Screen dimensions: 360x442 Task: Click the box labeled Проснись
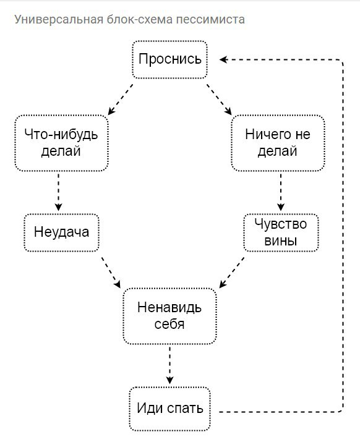click(x=170, y=59)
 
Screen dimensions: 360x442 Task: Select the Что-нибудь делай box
click(x=61, y=143)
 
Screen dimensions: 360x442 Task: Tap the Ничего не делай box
click(x=278, y=143)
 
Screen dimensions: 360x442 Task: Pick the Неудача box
click(x=61, y=232)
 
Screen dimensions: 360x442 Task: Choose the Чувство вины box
click(x=281, y=232)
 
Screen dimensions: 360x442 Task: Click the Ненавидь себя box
click(x=169, y=316)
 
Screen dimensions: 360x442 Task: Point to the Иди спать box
click(x=170, y=409)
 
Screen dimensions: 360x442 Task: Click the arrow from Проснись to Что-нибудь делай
click(x=121, y=100)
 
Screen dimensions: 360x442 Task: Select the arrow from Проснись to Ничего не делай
click(x=219, y=100)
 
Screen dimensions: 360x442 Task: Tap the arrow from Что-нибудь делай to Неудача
click(x=58, y=192)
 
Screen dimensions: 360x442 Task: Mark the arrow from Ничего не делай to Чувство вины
click(x=281, y=192)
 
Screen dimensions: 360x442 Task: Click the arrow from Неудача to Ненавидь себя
click(x=111, y=272)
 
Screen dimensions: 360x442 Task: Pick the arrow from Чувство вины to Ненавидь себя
click(x=231, y=272)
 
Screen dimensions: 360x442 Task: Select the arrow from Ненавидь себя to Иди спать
click(x=169, y=365)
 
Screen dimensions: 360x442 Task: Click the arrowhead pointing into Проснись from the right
click(x=223, y=59)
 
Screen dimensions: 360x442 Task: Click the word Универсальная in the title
click(x=59, y=20)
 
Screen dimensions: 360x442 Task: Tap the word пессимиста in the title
click(x=210, y=20)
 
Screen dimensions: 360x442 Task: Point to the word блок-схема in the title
click(x=140, y=19)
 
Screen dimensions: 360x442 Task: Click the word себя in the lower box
click(x=169, y=324)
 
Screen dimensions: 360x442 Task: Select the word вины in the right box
click(x=281, y=241)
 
